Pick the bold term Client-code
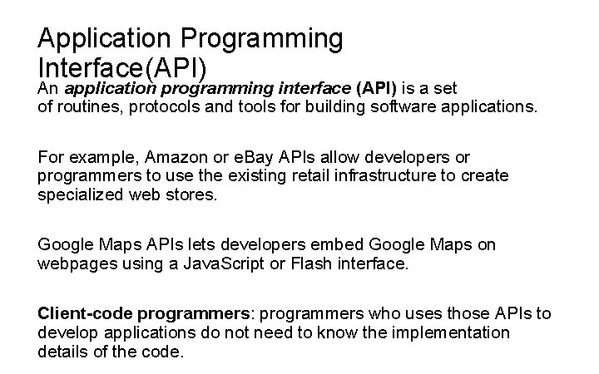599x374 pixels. [x=84, y=313]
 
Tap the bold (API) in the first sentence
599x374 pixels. [x=377, y=88]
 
